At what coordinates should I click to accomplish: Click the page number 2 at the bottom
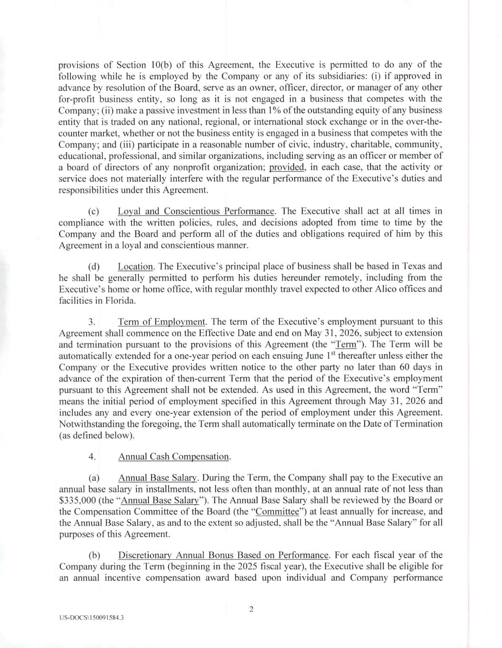pyautogui.click(x=251, y=609)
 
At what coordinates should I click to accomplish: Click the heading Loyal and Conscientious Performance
pyautogui.click(x=196, y=211)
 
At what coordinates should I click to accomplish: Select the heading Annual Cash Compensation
pyautogui.click(x=174, y=456)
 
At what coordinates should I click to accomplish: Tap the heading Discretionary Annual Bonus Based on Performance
pyautogui.click(x=223, y=555)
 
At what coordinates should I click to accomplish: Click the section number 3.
pyautogui.click(x=92, y=321)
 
